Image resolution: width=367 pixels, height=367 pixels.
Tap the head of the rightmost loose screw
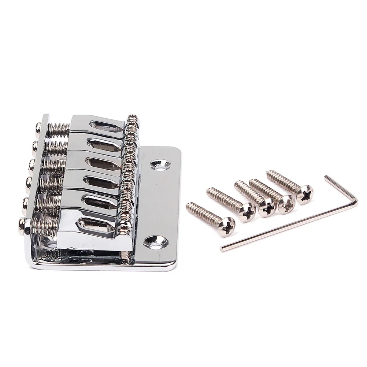(x=305, y=194)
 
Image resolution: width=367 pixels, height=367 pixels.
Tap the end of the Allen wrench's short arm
(x=326, y=177)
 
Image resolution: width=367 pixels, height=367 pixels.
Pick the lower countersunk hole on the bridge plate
(x=155, y=242)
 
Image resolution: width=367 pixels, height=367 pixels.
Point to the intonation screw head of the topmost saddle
(x=38, y=128)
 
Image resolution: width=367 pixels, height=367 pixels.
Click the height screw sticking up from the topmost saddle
(x=131, y=119)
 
